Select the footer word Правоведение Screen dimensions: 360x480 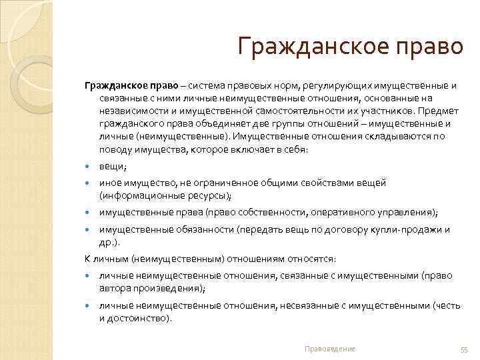pyautogui.click(x=329, y=349)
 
